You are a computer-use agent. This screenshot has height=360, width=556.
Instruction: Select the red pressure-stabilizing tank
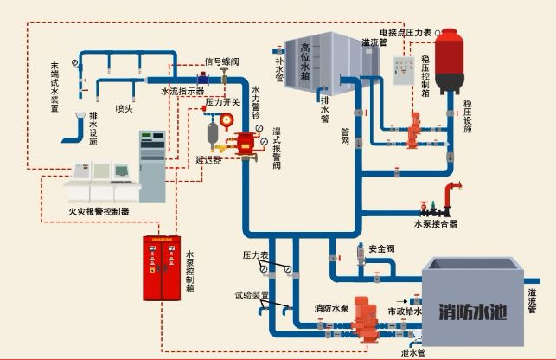click(x=449, y=61)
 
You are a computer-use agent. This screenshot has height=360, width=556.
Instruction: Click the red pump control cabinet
click(x=163, y=267)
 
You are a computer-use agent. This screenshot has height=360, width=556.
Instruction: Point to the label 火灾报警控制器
click(x=98, y=210)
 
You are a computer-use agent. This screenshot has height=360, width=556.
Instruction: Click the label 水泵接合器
click(x=436, y=223)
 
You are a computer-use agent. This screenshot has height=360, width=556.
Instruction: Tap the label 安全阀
click(x=381, y=249)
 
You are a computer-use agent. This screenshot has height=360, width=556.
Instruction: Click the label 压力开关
click(x=222, y=102)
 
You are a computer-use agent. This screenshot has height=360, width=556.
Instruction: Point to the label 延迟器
click(x=208, y=159)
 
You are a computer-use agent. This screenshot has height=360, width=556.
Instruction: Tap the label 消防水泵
click(x=331, y=308)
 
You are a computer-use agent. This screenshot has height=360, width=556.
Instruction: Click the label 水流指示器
click(x=182, y=90)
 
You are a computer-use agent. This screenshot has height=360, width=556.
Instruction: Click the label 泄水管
click(x=414, y=352)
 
